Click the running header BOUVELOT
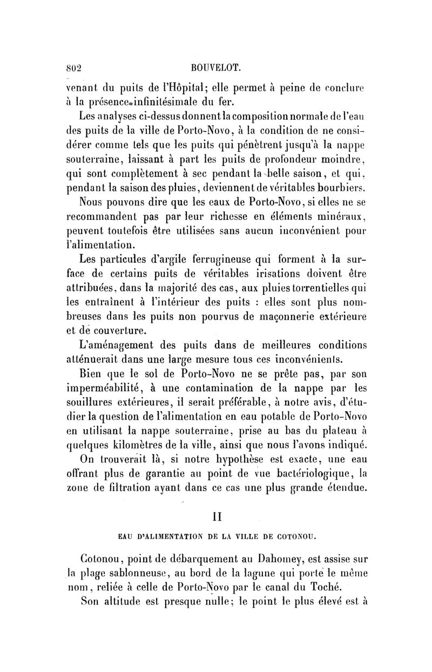click(x=214, y=68)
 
